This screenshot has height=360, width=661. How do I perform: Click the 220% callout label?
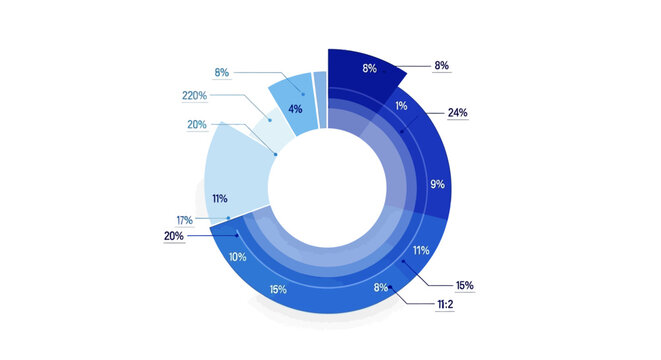click(x=194, y=96)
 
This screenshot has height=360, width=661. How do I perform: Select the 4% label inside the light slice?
click(x=296, y=109)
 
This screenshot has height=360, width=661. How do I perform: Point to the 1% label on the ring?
click(x=401, y=106)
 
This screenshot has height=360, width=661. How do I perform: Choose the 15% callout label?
click(x=464, y=285)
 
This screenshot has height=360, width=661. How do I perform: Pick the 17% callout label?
click(x=185, y=219)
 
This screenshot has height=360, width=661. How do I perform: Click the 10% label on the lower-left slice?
click(x=238, y=257)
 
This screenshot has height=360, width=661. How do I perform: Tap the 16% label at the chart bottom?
click(x=278, y=289)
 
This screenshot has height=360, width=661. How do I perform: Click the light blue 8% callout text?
click(x=222, y=72)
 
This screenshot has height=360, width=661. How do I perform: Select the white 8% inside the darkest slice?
click(x=369, y=69)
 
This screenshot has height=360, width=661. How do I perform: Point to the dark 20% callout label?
click(x=174, y=236)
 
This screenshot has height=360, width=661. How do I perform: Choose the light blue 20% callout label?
click(x=197, y=124)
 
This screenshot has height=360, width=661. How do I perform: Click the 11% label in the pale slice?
click(x=220, y=199)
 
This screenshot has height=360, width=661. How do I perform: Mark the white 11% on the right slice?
click(x=421, y=250)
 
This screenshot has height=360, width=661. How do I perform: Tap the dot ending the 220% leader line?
click(x=269, y=120)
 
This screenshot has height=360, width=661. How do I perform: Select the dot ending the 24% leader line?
click(x=401, y=130)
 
